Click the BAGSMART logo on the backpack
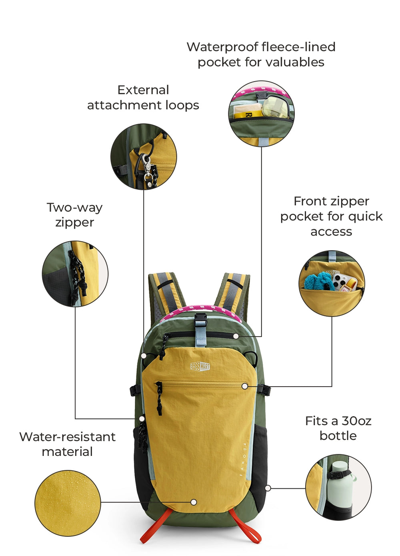(x=200, y=367)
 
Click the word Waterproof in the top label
(x=223, y=47)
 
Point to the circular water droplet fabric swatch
(x=68, y=503)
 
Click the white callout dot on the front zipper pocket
(x=244, y=386)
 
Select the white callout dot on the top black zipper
(x=236, y=336)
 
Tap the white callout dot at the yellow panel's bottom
(x=194, y=502)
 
